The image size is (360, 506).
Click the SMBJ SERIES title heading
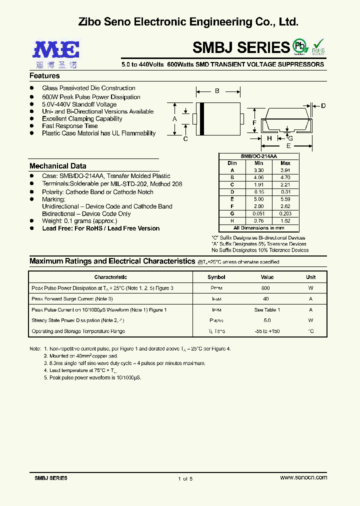[241, 47]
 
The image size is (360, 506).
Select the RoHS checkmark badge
[318, 46]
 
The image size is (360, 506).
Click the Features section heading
[44, 76]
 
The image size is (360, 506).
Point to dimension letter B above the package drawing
[217, 91]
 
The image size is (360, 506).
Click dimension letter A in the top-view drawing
[174, 119]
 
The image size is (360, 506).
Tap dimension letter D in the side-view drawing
[323, 105]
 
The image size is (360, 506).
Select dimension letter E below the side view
[288, 146]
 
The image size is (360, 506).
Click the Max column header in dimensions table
[285, 163]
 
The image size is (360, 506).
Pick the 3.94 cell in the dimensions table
[285, 170]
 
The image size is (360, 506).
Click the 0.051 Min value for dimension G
[258, 213]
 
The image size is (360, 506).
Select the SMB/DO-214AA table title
[259, 156]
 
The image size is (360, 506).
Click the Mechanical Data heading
[58, 166]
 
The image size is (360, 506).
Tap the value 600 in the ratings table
[265, 288]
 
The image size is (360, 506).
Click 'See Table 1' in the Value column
[267, 310]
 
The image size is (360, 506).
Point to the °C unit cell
[311, 331]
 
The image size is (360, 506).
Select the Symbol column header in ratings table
[216, 277]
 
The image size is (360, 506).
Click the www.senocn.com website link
[303, 478]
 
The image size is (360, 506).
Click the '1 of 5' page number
[185, 478]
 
